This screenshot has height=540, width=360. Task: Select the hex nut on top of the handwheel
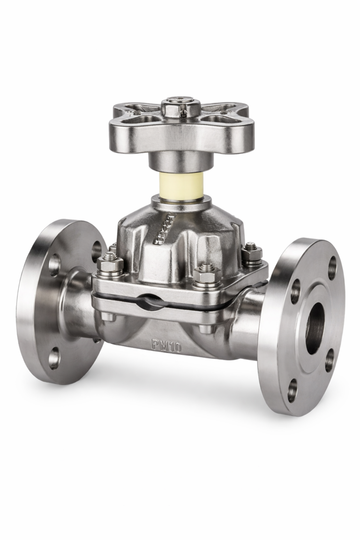coord(181,107)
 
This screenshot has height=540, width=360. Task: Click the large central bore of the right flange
coord(315,328)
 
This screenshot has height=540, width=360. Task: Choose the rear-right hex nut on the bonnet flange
coord(251,254)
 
